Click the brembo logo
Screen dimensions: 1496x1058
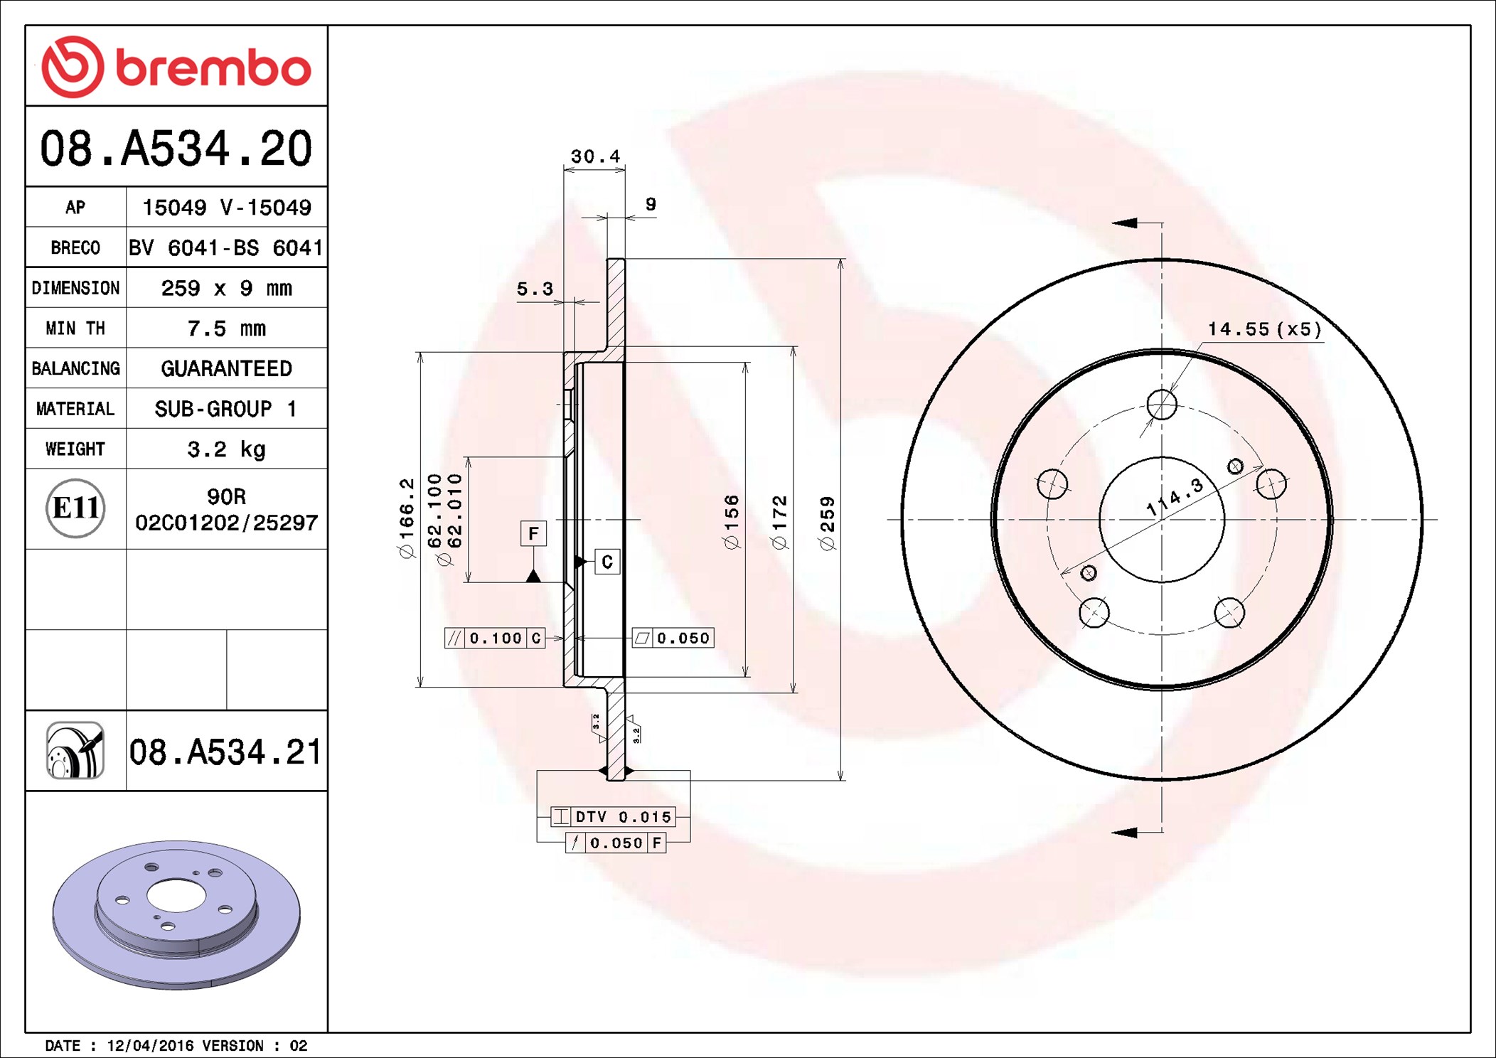(176, 67)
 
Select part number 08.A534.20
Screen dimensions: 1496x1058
(176, 149)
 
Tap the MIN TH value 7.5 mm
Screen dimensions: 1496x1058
(226, 328)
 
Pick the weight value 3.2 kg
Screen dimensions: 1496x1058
(226, 449)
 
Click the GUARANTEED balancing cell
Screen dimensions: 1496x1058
(226, 368)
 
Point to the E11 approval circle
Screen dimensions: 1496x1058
(75, 508)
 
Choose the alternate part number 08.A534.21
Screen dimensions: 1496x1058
(225, 752)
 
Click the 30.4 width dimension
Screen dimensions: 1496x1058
(595, 156)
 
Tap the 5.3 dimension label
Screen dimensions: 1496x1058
(535, 289)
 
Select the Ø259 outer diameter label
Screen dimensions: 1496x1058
(827, 523)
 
